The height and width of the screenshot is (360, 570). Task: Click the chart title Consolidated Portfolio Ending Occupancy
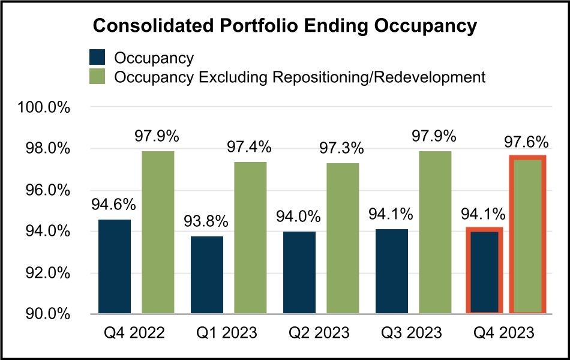point(284,27)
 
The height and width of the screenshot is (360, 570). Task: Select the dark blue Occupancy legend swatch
point(97,58)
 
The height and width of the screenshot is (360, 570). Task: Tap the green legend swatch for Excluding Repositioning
point(97,77)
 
